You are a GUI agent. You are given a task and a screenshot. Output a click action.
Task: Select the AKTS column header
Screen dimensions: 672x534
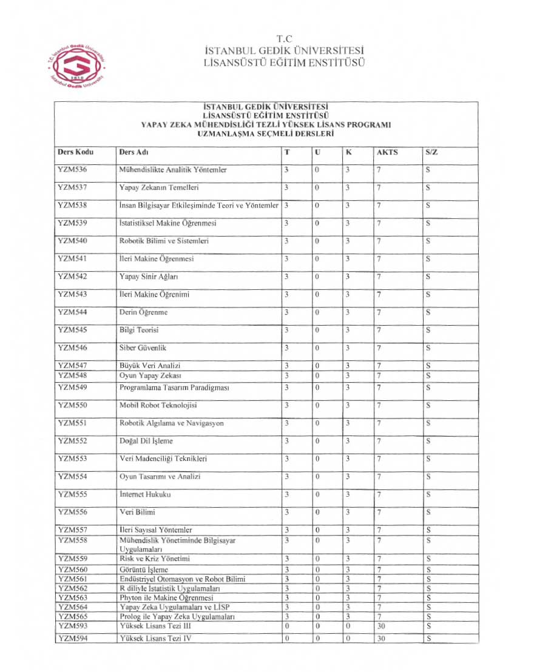point(387,152)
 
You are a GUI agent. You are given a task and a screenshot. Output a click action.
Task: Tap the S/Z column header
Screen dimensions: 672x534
point(431,152)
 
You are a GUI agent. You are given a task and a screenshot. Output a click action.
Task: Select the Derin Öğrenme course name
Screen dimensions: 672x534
point(143,312)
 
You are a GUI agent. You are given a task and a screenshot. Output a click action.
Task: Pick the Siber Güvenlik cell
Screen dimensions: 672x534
point(143,348)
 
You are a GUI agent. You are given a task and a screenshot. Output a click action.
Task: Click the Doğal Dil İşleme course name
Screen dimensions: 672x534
point(146,441)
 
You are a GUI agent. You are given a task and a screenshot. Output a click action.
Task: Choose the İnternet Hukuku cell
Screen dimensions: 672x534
point(145,494)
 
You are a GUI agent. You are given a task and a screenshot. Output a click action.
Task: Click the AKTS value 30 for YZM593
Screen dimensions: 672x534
point(381,626)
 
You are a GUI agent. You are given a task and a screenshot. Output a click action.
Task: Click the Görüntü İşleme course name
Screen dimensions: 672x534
point(144,570)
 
